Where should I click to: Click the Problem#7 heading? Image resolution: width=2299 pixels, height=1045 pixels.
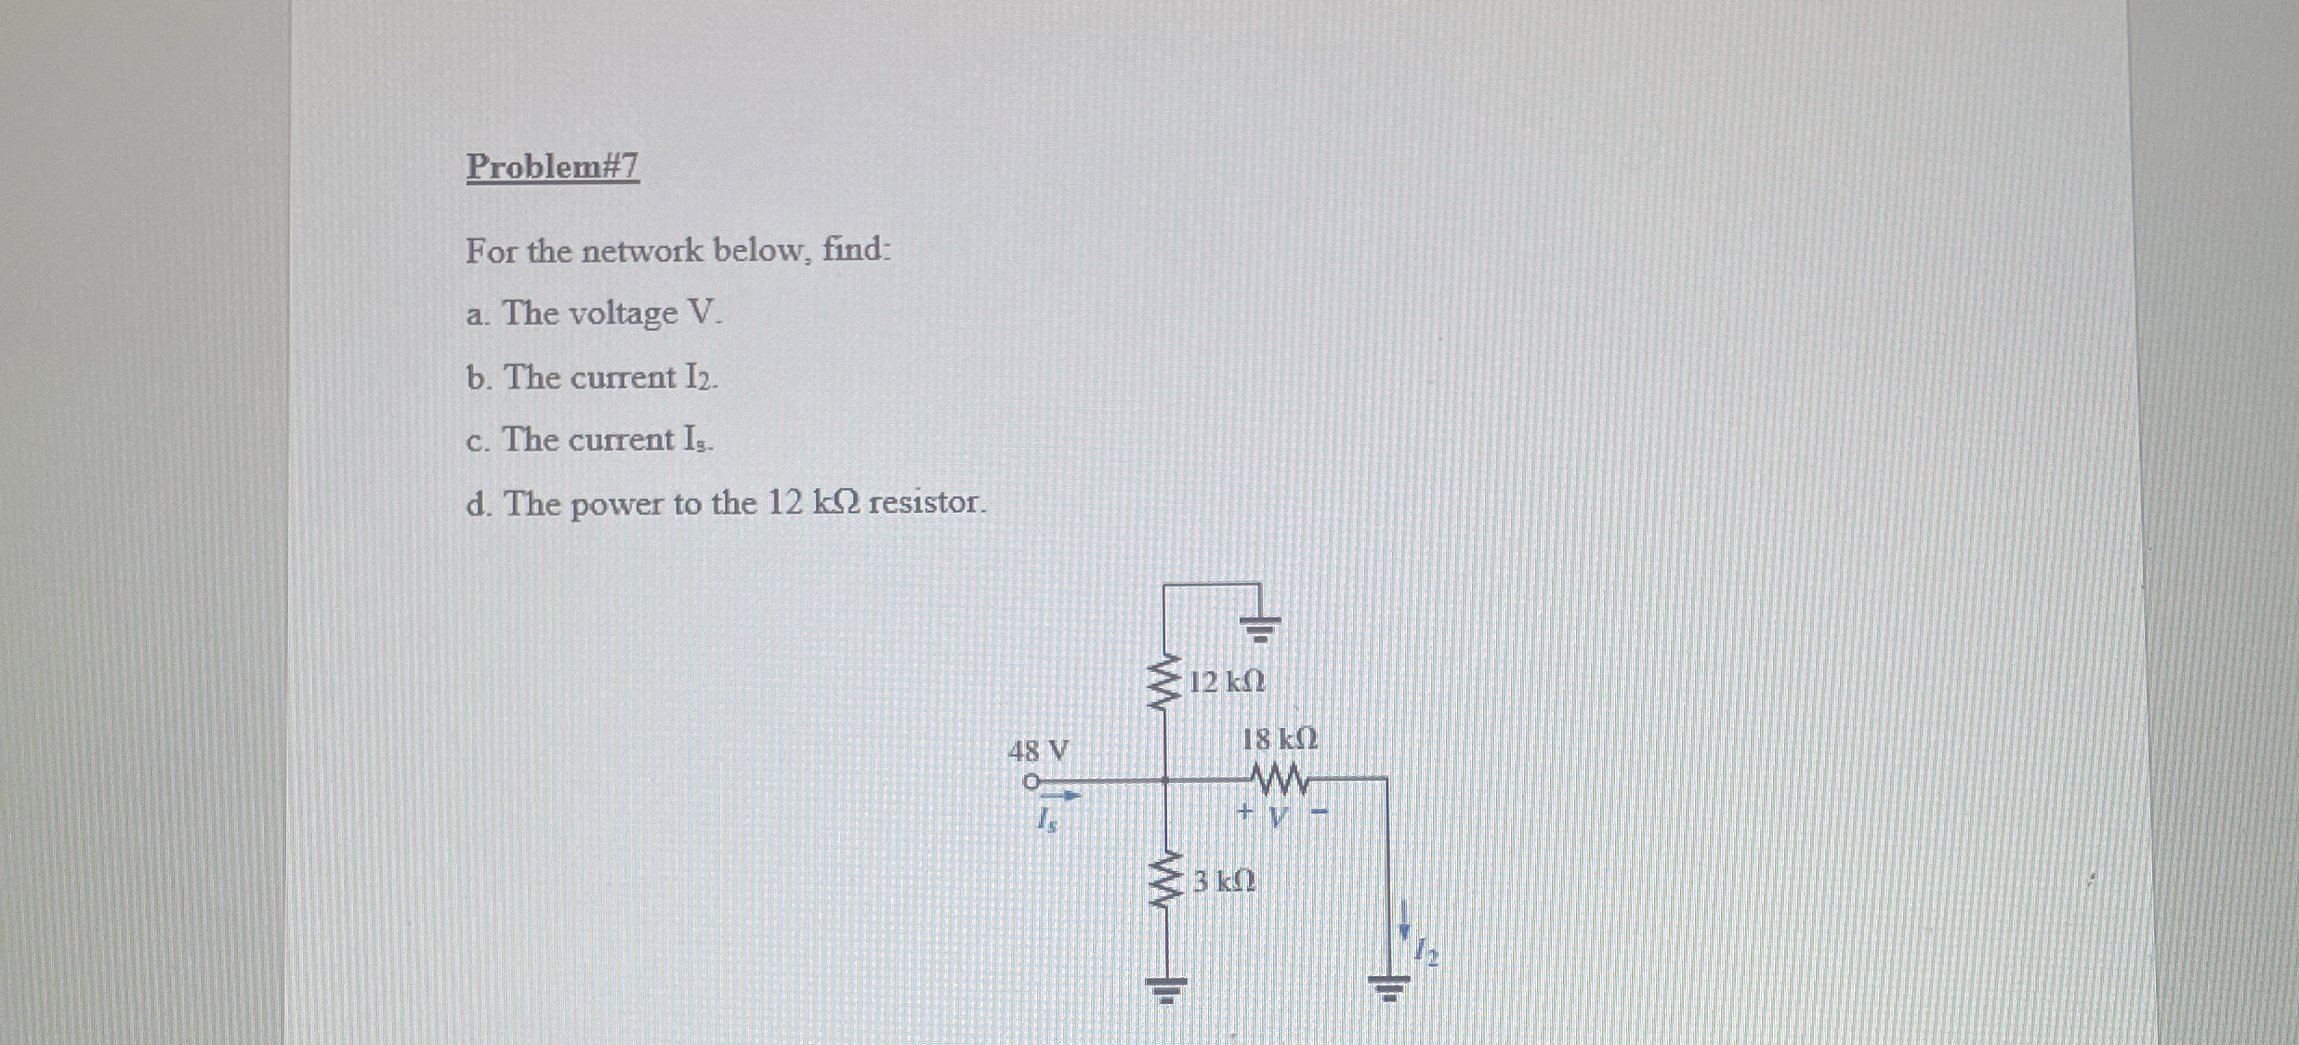point(553,166)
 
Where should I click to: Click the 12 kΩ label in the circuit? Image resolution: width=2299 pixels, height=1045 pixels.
point(1227,682)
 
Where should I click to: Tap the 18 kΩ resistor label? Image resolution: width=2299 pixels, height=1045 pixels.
point(1280,740)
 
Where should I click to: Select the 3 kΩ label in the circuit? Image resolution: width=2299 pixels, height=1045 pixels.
point(1225,880)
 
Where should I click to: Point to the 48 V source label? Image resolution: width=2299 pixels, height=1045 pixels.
point(1039,750)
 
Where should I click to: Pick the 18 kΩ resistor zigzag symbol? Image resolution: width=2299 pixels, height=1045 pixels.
point(1281,779)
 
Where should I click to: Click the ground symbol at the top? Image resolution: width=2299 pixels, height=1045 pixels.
point(1260,628)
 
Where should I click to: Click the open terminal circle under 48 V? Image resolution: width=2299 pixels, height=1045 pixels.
point(1030,782)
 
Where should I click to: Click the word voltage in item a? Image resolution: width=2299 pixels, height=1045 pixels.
point(623,314)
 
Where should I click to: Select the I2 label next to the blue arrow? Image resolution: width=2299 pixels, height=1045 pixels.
point(1426,952)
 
